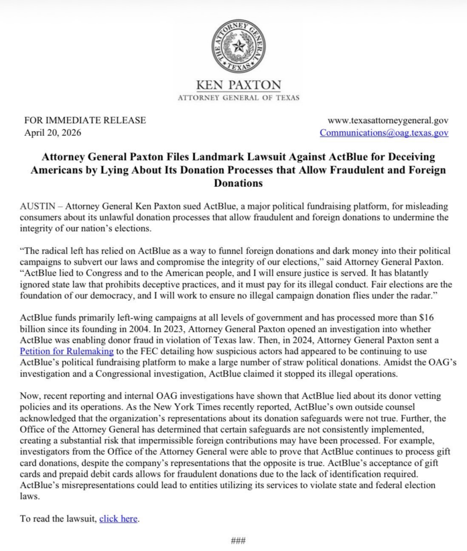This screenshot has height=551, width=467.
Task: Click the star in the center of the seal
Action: point(238,46)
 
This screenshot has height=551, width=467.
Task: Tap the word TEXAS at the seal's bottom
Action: point(238,67)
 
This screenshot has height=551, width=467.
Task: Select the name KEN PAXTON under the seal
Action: point(238,85)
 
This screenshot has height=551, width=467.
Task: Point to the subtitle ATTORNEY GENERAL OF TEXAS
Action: point(238,97)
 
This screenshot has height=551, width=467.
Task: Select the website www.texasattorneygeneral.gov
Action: point(388,121)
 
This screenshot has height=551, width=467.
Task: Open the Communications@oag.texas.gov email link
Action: point(384,132)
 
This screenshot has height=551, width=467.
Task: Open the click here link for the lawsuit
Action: point(118,519)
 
